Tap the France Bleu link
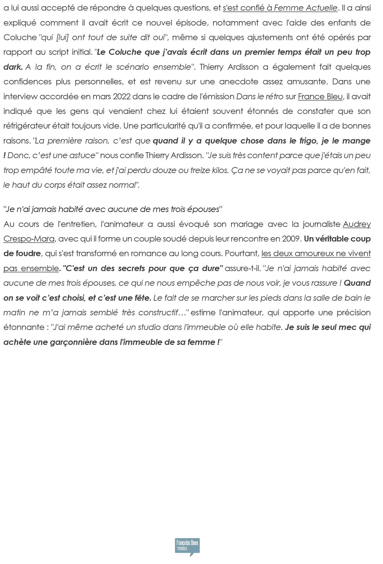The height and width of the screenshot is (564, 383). [x=320, y=96]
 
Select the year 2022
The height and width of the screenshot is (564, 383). [x=122, y=96]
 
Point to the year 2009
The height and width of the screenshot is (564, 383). [x=292, y=239]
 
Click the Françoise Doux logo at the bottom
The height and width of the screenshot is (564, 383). [x=187, y=547]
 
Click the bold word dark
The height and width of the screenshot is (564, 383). [x=13, y=67]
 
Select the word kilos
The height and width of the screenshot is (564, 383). [x=219, y=170]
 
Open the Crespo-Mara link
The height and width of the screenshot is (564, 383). [x=29, y=239]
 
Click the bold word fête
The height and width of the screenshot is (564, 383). [x=142, y=298]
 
